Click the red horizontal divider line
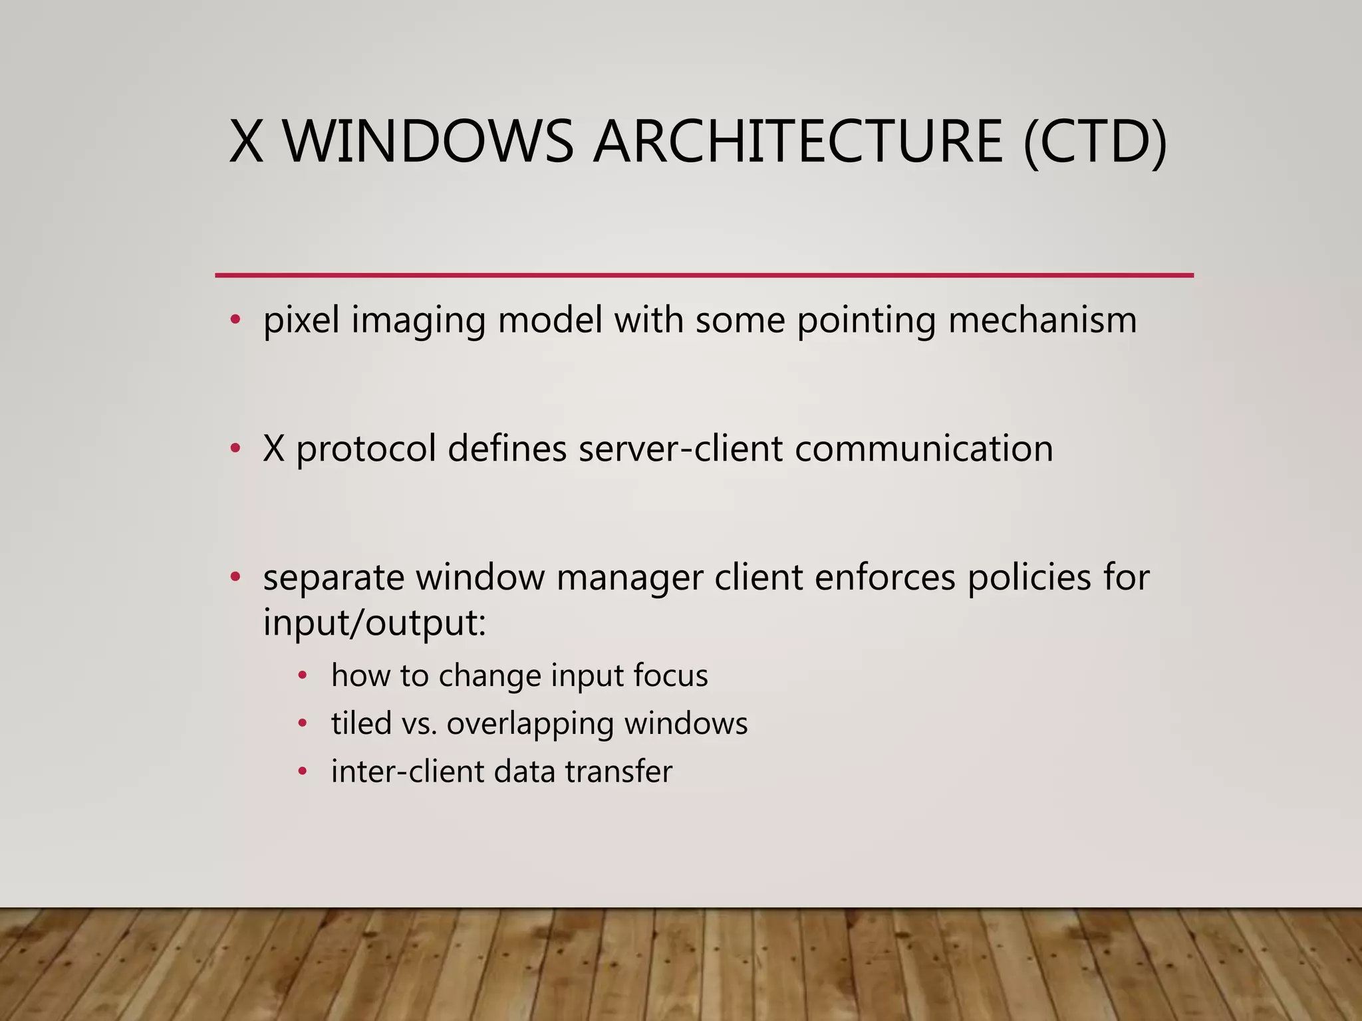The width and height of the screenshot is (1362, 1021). click(x=704, y=275)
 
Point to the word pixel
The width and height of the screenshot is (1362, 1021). click(x=301, y=320)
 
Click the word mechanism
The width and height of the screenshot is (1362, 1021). click(x=1042, y=320)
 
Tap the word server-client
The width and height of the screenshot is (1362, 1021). click(x=680, y=449)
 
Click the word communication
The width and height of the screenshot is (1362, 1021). click(x=924, y=449)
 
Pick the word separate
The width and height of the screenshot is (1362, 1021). click(x=333, y=578)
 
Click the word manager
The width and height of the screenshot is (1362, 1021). click(x=629, y=578)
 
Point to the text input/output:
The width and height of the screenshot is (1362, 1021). click(x=374, y=624)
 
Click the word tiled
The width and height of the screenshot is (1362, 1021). click(x=361, y=723)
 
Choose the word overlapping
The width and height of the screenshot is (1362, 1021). click(x=530, y=725)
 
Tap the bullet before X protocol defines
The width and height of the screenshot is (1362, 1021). click(x=235, y=449)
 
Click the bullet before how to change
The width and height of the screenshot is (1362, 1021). click(x=303, y=676)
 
